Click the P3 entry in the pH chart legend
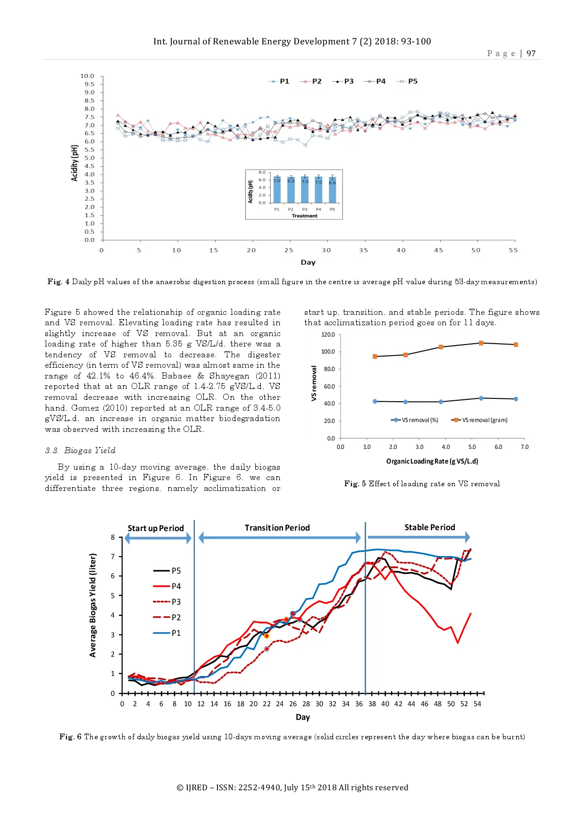(x=343, y=81)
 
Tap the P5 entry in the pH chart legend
(x=408, y=81)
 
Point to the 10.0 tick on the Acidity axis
(x=87, y=76)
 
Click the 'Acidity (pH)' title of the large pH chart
(x=74, y=163)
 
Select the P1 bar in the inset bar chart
(x=277, y=189)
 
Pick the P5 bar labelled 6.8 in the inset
(x=333, y=190)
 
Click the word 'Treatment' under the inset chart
(x=304, y=216)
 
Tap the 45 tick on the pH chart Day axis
(x=438, y=250)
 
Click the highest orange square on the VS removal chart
(x=481, y=343)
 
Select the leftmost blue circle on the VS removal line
(x=375, y=401)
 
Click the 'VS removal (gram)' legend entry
(x=480, y=420)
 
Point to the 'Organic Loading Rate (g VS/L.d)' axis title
(x=432, y=461)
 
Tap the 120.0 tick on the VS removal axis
(x=328, y=335)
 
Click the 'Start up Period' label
(x=156, y=528)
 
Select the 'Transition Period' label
(x=277, y=528)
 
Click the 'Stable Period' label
(x=429, y=527)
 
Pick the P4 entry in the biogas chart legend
(x=168, y=586)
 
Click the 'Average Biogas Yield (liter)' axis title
(x=93, y=605)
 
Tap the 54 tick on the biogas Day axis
(x=477, y=704)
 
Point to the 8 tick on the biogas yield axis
(x=113, y=537)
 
